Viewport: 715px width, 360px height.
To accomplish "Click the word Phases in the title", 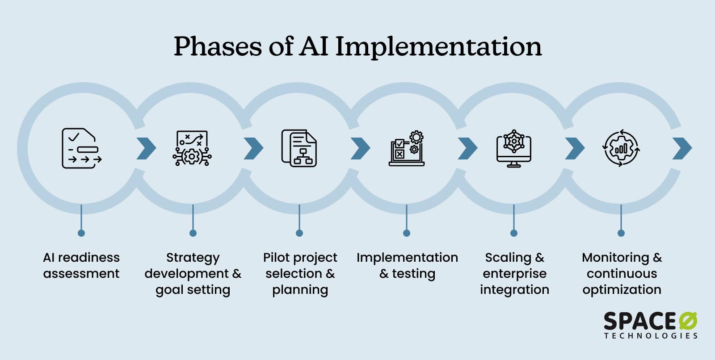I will pyautogui.click(x=218, y=46).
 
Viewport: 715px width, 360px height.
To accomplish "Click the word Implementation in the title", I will pyautogui.click(x=438, y=46).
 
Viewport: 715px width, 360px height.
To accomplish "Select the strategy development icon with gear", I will pyautogui.click(x=192, y=148).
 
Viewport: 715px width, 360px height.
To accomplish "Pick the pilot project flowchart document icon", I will pyautogui.click(x=299, y=148).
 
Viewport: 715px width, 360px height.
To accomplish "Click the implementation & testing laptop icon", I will pyautogui.click(x=406, y=148).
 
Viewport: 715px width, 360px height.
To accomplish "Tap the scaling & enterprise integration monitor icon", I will pyautogui.click(x=514, y=148).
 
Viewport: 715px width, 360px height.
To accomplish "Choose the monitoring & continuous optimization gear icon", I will pyautogui.click(x=621, y=148).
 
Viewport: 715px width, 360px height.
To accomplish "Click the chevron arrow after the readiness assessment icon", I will pyautogui.click(x=146, y=148).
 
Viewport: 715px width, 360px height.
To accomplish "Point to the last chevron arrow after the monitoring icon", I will pyautogui.click(x=682, y=148).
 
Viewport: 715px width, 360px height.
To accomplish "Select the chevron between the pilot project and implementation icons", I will pyautogui.click(x=360, y=148).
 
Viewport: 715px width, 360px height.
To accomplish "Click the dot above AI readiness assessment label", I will pyautogui.click(x=81, y=233).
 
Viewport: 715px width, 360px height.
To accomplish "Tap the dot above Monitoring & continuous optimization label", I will pyautogui.click(x=621, y=233).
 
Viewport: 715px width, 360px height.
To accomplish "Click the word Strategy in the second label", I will pyautogui.click(x=193, y=258).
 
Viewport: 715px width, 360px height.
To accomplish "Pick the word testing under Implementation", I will pyautogui.click(x=413, y=274).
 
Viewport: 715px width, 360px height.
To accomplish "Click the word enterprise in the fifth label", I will pyautogui.click(x=514, y=273).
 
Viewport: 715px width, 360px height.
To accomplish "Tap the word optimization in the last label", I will pyautogui.click(x=622, y=290).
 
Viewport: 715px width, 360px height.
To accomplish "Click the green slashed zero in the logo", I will pyautogui.click(x=688, y=322).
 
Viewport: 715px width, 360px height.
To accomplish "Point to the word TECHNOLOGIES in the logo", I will pyautogui.click(x=651, y=336).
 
